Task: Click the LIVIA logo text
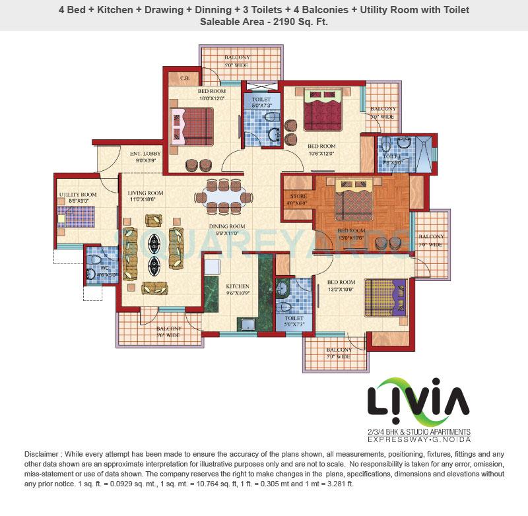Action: [418, 400]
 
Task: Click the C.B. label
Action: [185, 79]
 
